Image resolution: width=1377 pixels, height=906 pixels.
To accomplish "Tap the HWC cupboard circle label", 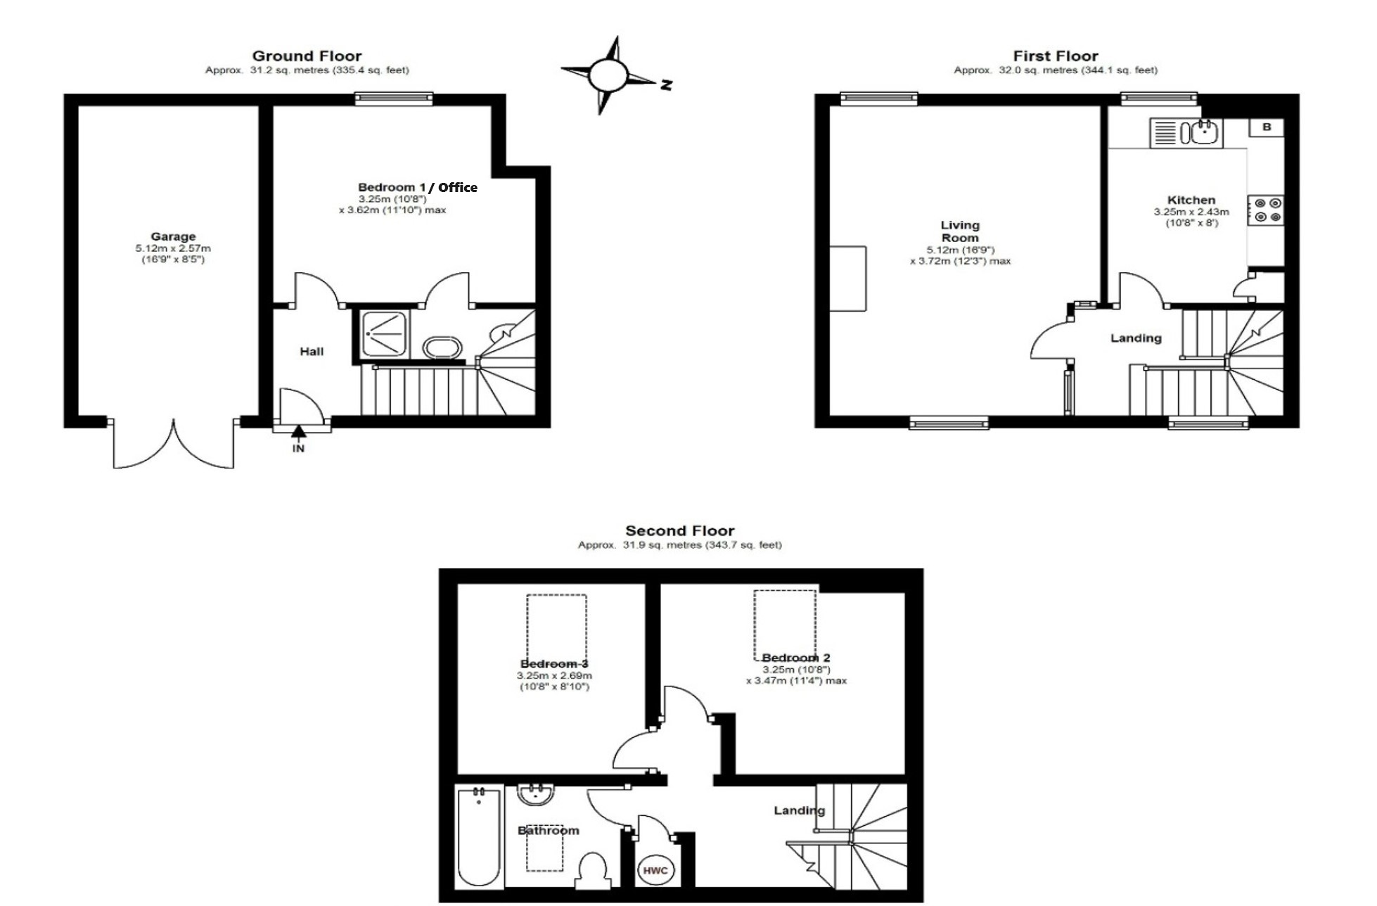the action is [655, 871].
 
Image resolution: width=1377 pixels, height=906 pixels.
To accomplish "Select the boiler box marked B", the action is [1267, 127].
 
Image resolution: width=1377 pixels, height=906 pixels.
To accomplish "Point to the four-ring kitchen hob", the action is [1266, 210].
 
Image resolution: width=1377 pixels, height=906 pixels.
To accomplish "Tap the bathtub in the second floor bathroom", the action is [479, 836].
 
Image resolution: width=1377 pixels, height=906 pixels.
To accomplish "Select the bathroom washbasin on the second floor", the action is [536, 795].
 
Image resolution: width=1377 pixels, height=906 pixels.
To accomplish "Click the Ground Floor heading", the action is [307, 56].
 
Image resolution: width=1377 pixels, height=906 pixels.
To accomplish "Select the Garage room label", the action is [173, 236].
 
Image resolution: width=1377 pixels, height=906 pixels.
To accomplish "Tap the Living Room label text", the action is [960, 231].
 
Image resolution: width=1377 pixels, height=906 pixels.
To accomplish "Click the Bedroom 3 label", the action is [554, 663].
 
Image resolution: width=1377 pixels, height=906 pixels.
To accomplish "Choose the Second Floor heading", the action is [679, 530].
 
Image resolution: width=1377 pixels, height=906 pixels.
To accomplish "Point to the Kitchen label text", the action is [1191, 200].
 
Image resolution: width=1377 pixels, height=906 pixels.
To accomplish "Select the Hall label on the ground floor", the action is [312, 351].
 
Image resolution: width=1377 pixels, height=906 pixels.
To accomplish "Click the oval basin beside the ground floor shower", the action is [442, 347].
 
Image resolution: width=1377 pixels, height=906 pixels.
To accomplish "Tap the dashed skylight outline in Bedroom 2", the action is [755, 625].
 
